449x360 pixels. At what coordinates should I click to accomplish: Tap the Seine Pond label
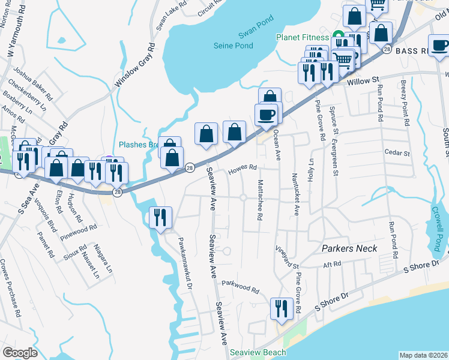(234, 46)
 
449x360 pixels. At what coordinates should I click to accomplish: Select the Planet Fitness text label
(303, 37)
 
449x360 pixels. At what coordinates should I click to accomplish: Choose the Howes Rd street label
(243, 169)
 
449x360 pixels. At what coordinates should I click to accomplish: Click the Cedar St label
(397, 153)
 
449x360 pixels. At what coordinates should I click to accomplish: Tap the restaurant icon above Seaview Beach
(281, 308)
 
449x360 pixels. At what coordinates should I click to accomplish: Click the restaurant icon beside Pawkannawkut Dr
(160, 217)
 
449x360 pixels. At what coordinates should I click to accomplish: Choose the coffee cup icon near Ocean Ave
(266, 114)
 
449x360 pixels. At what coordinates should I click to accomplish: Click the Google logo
(20, 353)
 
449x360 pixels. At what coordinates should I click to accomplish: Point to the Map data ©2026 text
(423, 355)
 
